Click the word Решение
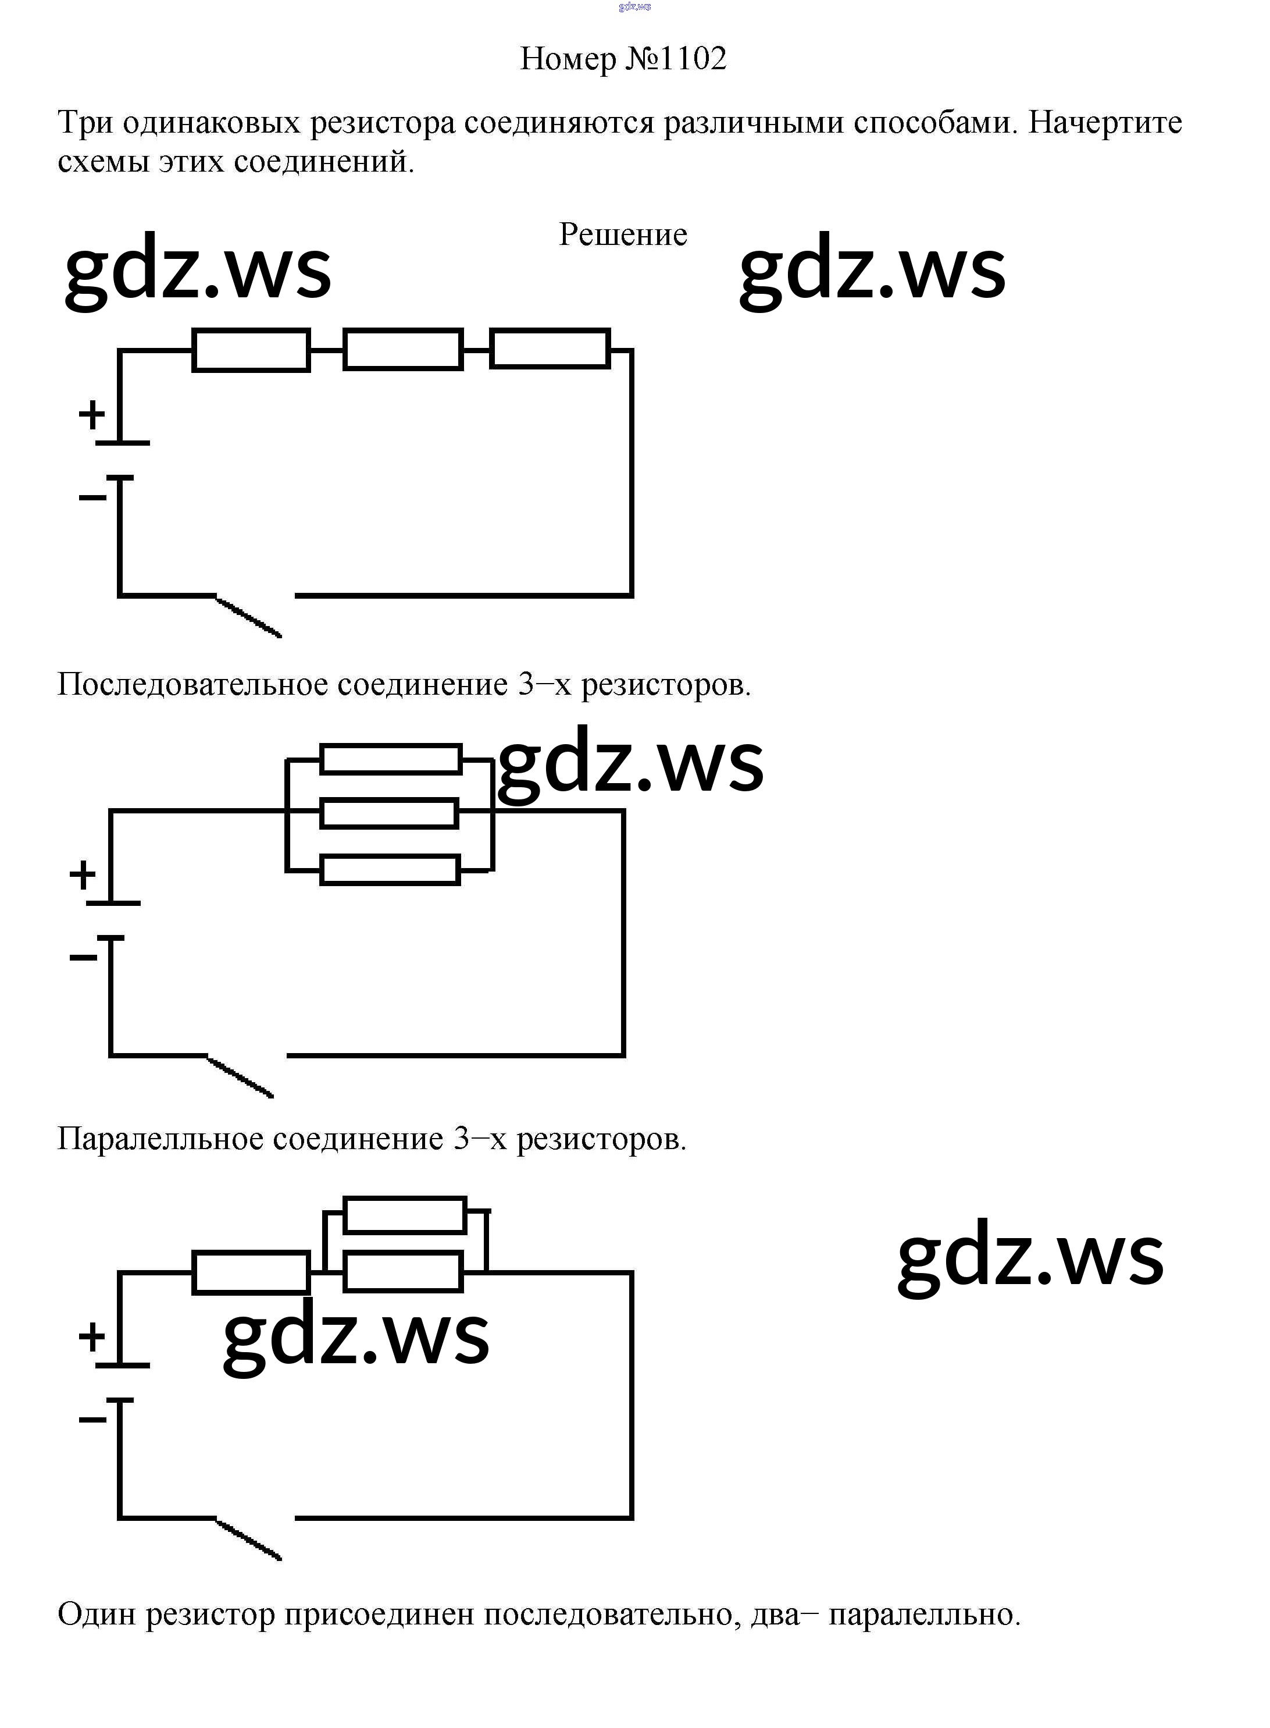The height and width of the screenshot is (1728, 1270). point(623,234)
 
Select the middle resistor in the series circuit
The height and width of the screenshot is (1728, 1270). point(403,350)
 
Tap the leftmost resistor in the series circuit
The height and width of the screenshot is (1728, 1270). point(251,351)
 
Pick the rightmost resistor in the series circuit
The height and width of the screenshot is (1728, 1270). point(550,349)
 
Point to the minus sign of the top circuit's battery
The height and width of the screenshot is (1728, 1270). point(92,497)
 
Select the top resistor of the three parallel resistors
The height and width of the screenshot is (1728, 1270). point(391,759)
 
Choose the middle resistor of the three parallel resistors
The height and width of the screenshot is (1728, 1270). point(389,813)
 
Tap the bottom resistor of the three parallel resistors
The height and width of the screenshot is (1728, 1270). point(390,870)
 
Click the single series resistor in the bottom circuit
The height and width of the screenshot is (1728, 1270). point(251,1273)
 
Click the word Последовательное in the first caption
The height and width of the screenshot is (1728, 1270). point(192,684)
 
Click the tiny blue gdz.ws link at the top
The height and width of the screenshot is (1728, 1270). point(634,7)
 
